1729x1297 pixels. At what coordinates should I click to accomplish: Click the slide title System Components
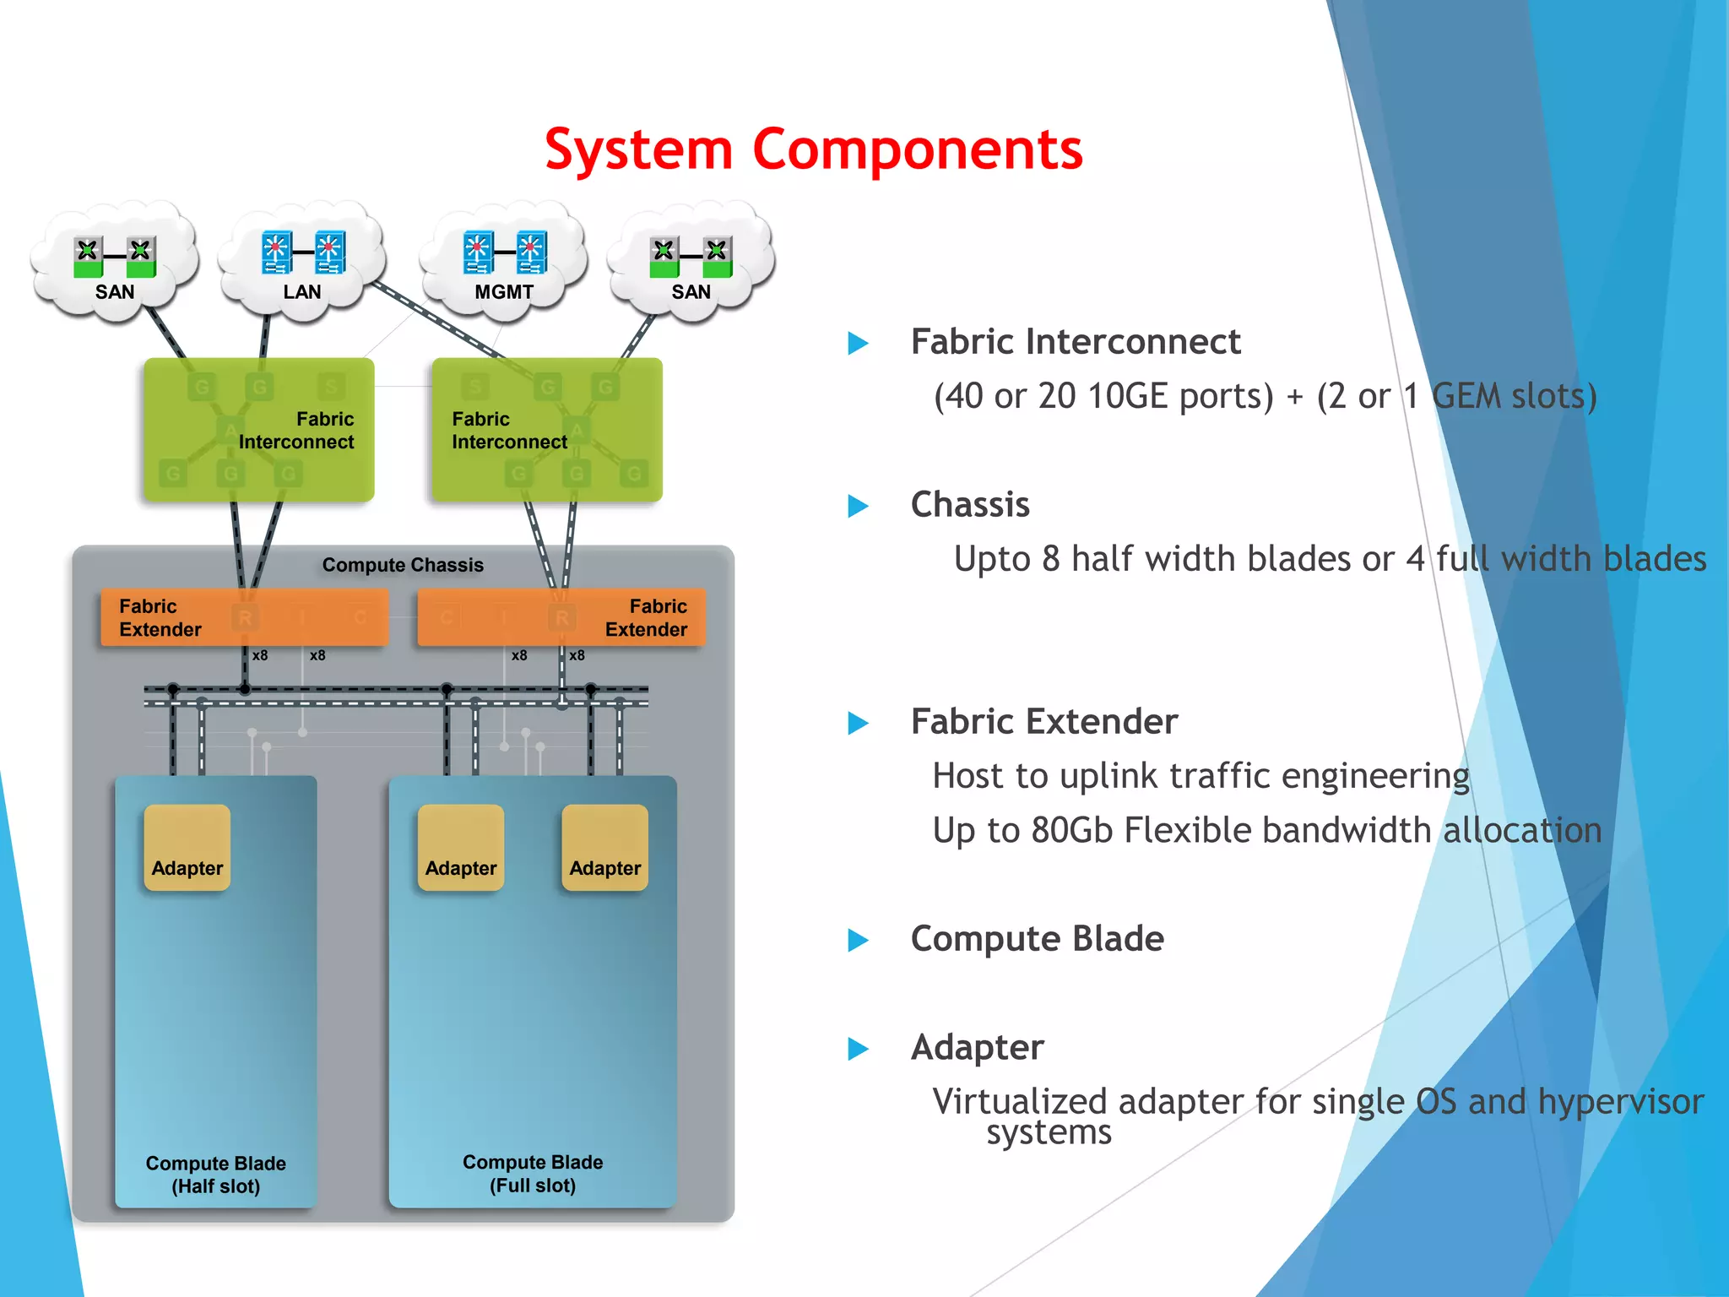click(813, 150)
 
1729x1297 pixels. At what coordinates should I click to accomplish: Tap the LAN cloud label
click(301, 292)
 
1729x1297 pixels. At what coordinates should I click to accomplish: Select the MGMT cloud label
click(503, 292)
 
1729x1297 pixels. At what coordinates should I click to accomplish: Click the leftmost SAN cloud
click(115, 262)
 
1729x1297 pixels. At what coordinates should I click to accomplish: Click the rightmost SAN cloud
click(691, 262)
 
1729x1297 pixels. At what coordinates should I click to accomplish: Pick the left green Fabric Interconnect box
click(258, 430)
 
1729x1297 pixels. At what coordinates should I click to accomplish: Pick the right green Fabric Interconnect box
click(546, 430)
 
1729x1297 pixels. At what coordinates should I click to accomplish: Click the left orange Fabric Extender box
click(244, 617)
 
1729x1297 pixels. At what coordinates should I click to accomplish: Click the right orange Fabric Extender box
click(561, 617)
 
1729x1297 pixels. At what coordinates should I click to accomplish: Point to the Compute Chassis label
click(403, 565)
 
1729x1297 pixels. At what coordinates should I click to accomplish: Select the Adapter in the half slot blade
click(187, 848)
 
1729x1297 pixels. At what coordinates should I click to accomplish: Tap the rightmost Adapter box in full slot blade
click(604, 848)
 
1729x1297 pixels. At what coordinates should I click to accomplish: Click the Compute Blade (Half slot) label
click(216, 1175)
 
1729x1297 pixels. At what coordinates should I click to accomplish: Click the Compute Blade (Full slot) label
click(533, 1174)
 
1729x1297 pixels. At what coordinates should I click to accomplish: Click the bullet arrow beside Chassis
click(858, 506)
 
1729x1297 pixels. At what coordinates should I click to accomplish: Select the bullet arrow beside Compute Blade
click(858, 940)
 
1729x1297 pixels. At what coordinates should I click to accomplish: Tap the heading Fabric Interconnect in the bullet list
click(1075, 342)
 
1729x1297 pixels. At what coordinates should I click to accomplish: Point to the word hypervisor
click(1620, 1102)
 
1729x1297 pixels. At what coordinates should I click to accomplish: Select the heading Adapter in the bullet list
click(977, 1048)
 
